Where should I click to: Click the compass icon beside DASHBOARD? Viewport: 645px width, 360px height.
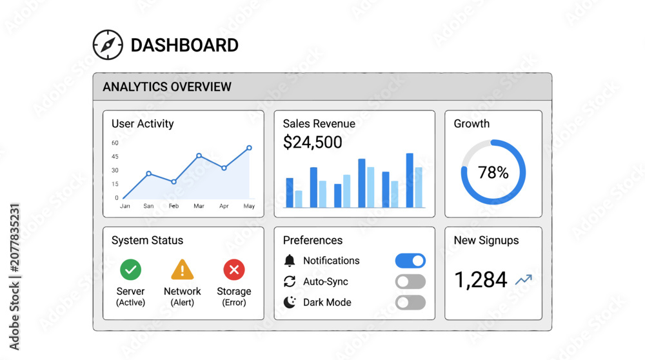(x=108, y=45)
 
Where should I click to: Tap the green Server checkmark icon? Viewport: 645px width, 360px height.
(x=130, y=270)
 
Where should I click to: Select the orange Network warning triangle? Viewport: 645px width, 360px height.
(x=183, y=270)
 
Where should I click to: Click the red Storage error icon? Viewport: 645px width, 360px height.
(x=234, y=270)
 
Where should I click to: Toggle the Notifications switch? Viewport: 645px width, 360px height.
(x=410, y=261)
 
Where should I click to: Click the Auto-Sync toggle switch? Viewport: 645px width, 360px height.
(x=410, y=282)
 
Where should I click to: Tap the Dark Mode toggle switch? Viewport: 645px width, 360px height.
(x=410, y=303)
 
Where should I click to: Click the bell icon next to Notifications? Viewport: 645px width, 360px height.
(x=290, y=261)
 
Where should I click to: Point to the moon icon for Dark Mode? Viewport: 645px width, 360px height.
(x=290, y=303)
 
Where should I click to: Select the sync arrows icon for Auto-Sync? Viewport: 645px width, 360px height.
(x=290, y=281)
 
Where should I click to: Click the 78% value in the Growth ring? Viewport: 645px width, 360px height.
(x=493, y=172)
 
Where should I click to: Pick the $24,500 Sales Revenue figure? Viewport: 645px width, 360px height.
(x=313, y=143)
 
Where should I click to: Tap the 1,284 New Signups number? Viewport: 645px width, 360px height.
(x=481, y=280)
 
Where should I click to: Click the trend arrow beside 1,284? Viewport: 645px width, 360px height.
(x=524, y=279)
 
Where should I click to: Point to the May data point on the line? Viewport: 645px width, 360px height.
(x=249, y=148)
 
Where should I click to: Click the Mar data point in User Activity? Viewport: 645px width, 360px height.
(x=199, y=155)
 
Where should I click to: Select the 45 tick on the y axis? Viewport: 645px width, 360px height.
(x=115, y=156)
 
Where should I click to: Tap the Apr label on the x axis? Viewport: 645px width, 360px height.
(x=224, y=206)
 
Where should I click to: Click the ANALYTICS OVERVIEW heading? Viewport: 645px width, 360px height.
(x=167, y=87)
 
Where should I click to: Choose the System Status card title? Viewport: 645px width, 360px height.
(x=147, y=240)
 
